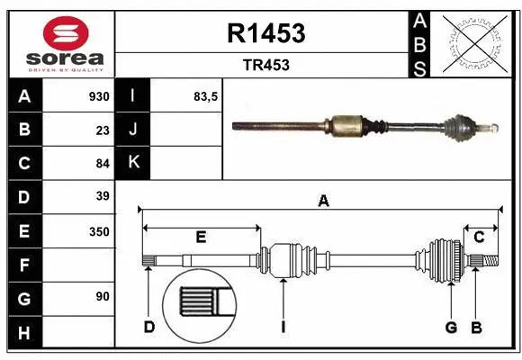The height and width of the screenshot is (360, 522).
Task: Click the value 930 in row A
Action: [98, 96]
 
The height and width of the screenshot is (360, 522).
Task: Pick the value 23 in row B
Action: [102, 130]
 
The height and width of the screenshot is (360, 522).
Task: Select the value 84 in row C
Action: [102, 163]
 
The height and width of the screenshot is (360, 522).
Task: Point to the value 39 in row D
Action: [102, 196]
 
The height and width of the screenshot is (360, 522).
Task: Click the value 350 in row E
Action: [98, 230]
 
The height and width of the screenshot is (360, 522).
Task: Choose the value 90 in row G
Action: [102, 296]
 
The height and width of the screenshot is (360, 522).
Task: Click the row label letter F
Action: [23, 265]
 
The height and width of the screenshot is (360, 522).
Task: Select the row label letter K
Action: [134, 163]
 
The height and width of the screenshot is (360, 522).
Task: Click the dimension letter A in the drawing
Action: [323, 202]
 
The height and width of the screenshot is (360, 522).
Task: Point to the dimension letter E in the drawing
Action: [202, 238]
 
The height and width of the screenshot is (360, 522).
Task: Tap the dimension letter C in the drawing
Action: [480, 238]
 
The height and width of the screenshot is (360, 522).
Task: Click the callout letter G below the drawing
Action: [451, 327]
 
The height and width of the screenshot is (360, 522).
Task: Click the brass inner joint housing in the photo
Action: [346, 124]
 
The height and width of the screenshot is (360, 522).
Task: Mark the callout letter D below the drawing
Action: [149, 327]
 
